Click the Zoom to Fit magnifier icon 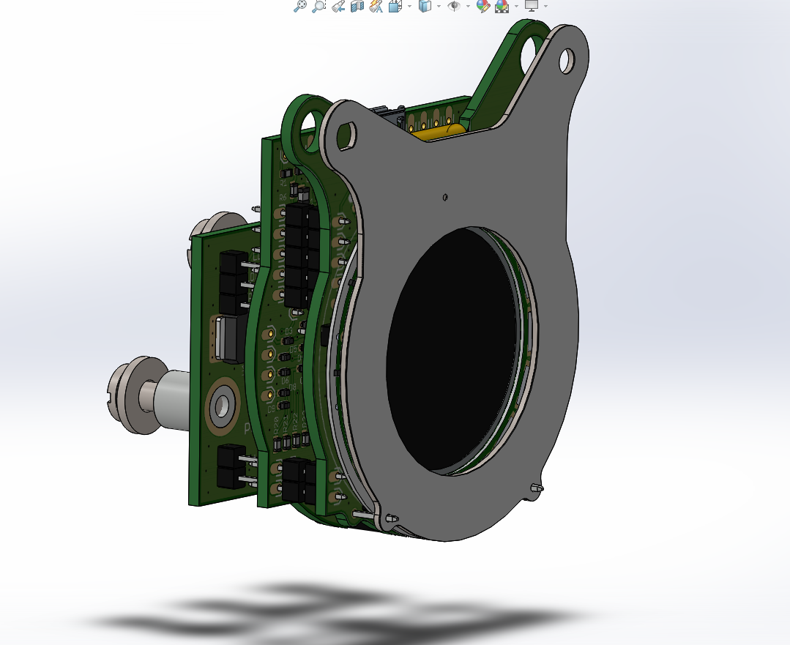(x=300, y=6)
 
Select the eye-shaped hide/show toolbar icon (x=454, y=6)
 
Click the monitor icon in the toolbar (x=532, y=6)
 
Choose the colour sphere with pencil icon (x=482, y=6)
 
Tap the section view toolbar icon (x=357, y=6)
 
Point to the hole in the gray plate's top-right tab (x=567, y=60)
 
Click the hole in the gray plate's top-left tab (x=346, y=133)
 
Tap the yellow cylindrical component (x=439, y=131)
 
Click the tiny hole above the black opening (x=445, y=196)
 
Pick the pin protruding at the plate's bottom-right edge (x=537, y=488)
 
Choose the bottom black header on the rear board (x=231, y=467)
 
